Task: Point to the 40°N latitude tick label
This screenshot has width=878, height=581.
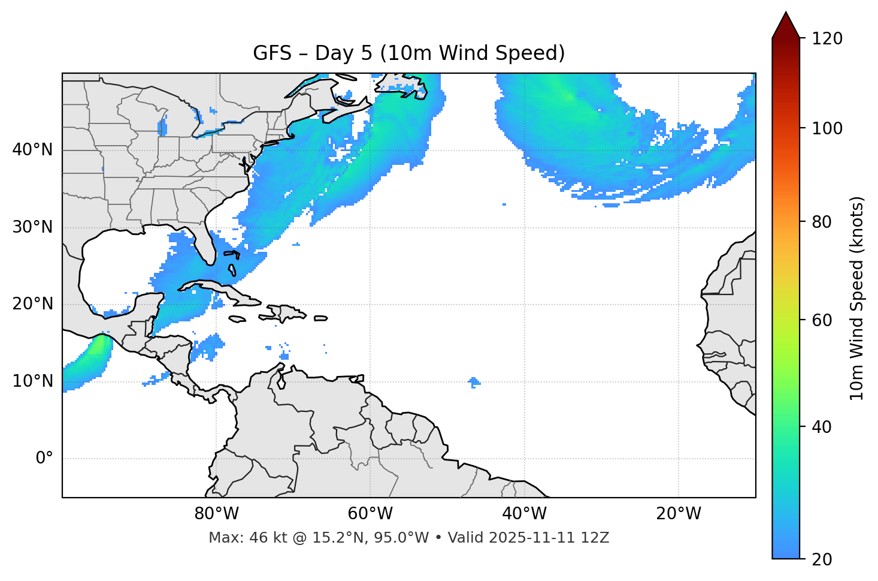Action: point(32,150)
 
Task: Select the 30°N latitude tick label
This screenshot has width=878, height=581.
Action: point(32,227)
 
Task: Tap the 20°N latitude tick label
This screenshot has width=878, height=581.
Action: point(32,304)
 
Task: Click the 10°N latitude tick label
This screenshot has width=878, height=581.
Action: point(32,381)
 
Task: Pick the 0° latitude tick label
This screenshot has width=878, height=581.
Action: point(44,459)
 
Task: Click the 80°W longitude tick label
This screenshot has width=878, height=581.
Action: point(216,514)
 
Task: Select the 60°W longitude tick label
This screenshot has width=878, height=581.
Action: point(370,514)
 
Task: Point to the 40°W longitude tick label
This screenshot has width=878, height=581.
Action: point(524,514)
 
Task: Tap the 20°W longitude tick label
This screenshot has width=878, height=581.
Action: point(679,514)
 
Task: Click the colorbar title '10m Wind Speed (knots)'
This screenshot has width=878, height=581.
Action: point(857,298)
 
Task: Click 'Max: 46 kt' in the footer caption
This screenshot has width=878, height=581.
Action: point(238,538)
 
